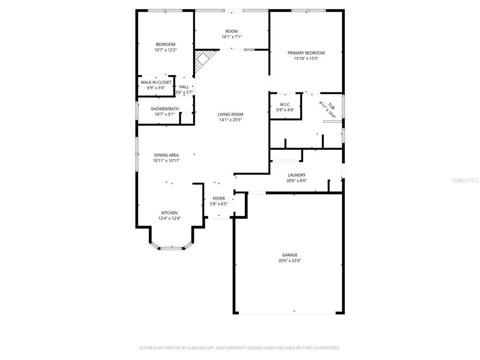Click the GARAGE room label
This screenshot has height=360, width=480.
289,255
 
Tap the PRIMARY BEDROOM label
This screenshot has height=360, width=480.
306,53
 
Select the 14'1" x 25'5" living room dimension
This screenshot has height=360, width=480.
231,120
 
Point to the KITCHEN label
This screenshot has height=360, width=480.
169,213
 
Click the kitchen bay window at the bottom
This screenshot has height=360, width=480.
172,247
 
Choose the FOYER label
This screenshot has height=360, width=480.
219,198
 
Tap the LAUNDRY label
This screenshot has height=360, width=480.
297,175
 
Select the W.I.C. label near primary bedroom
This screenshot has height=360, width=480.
285,105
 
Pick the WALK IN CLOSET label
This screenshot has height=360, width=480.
156,82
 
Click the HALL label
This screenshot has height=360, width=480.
184,87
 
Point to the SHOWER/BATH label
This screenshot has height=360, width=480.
165,109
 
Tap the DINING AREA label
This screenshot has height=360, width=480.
166,155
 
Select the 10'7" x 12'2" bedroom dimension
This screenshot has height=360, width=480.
165,50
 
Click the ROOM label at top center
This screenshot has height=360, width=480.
231,31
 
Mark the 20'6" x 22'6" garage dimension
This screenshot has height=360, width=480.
289,261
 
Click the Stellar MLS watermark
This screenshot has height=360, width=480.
465,180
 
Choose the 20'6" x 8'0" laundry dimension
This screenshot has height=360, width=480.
297,181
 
